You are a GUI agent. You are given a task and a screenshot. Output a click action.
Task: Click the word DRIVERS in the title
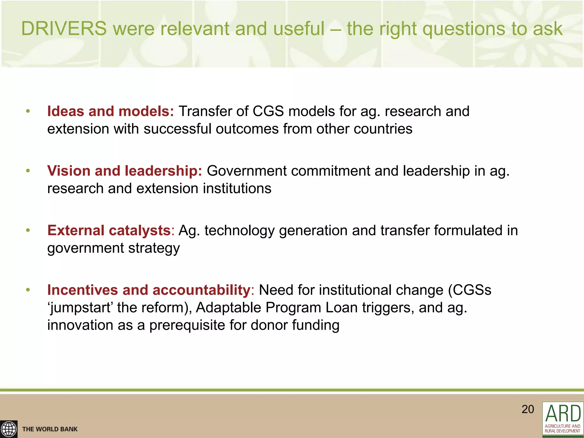64,29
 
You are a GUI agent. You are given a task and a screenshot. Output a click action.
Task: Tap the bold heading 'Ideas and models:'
110,111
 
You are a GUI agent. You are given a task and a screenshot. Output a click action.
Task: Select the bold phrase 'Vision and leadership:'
124,171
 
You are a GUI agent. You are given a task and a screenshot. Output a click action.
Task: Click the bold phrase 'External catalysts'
109,230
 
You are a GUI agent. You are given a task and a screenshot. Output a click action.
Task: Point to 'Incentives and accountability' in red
149,290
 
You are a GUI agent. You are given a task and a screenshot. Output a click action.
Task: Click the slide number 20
528,409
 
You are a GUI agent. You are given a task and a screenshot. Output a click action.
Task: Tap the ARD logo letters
563,413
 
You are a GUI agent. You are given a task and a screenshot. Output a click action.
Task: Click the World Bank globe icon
9,429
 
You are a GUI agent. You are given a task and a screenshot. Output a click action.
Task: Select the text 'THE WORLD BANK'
50,429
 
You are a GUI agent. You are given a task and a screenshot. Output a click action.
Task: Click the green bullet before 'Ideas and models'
28,111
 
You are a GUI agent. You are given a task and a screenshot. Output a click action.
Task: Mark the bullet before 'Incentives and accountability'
28,290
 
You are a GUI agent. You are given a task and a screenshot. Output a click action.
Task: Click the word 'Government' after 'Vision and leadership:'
246,171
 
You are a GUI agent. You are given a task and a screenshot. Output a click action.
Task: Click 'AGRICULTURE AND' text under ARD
562,426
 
